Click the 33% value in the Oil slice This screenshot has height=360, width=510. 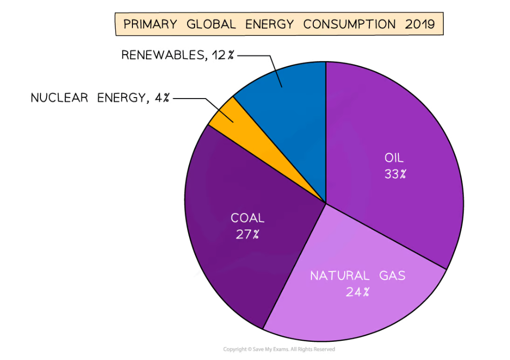[395, 174]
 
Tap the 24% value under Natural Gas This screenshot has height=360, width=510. [357, 292]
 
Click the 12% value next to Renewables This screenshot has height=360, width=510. [223, 55]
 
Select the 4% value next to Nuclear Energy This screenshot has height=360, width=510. [162, 98]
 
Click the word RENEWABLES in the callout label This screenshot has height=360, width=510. [163, 55]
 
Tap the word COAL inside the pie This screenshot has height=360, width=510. [247, 218]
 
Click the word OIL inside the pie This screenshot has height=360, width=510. [394, 158]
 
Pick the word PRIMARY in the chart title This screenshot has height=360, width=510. [150, 24]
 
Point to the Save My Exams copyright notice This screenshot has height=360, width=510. [279, 349]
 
